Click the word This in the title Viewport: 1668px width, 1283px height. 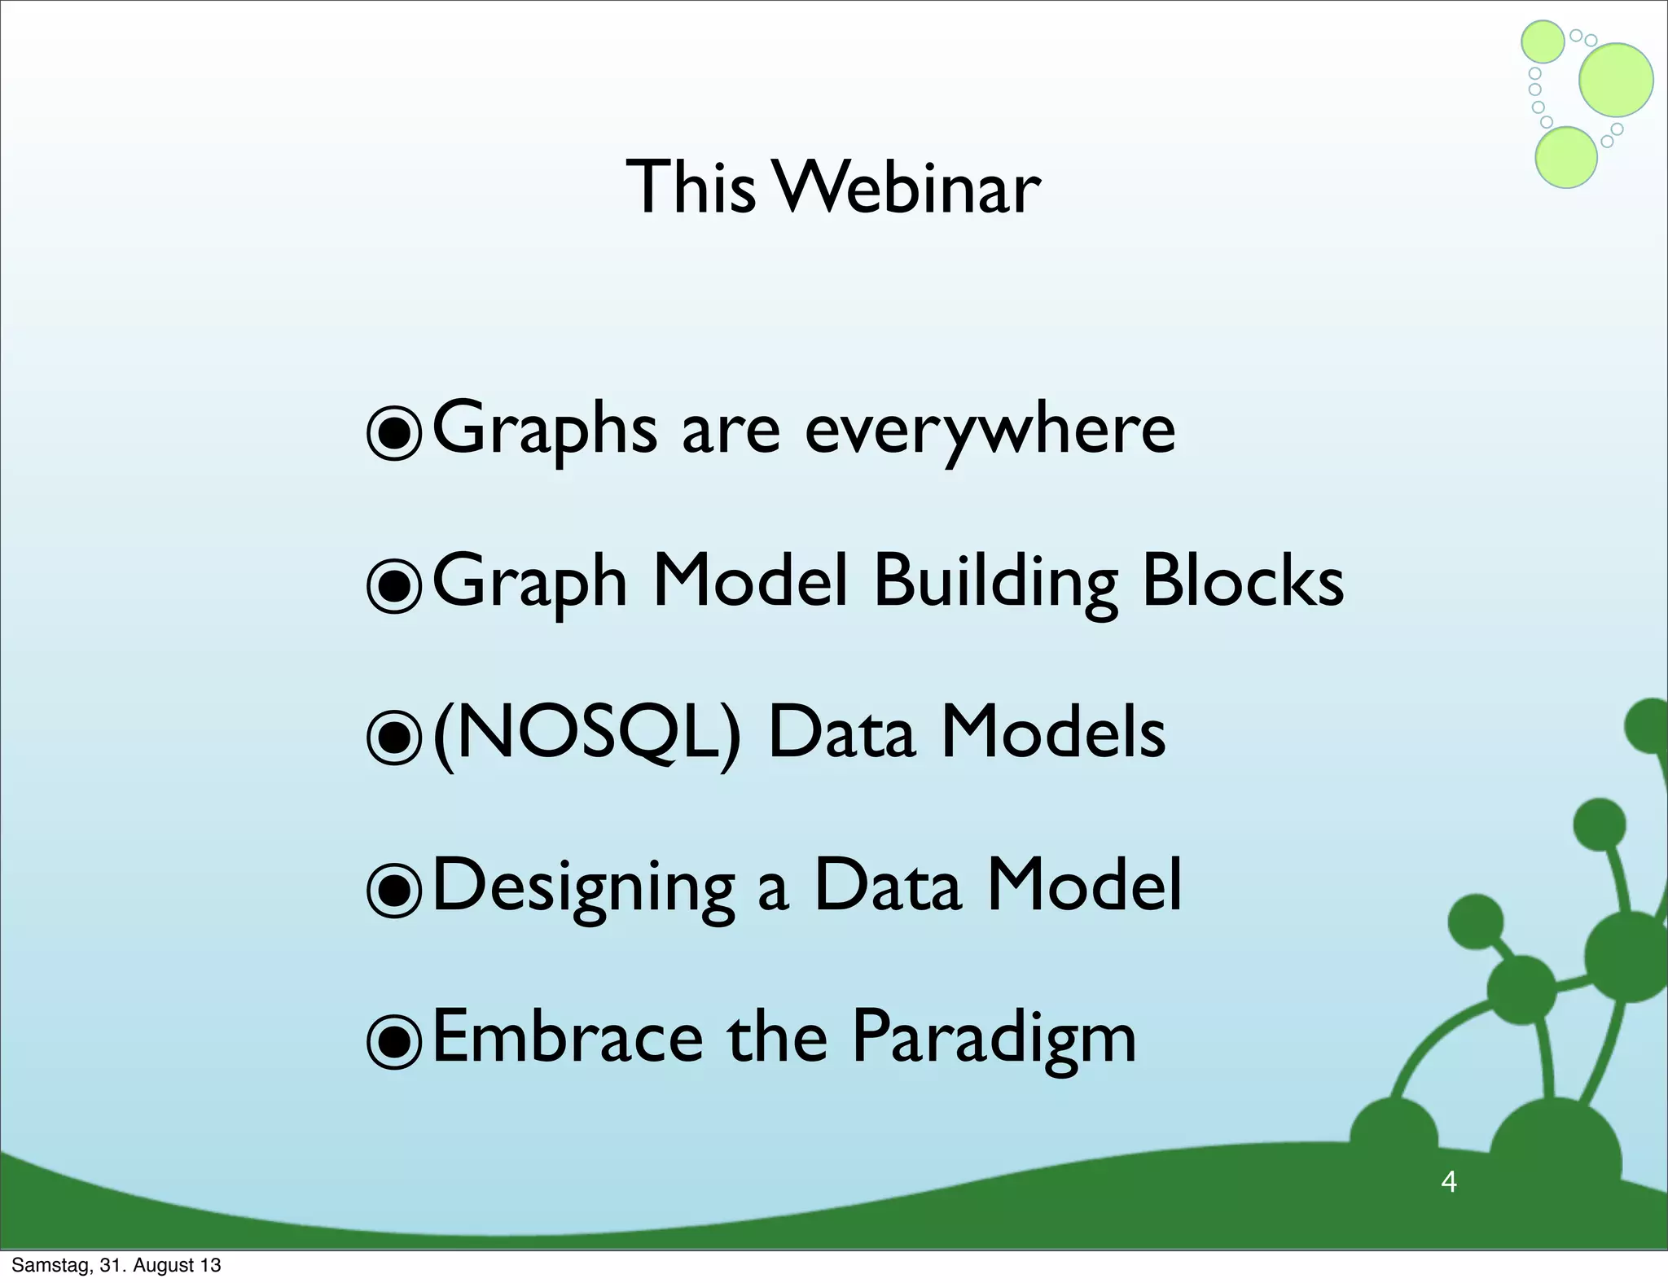691,187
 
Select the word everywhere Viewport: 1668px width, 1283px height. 990,430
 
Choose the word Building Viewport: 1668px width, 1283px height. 995,585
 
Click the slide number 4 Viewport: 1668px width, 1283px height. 1448,1181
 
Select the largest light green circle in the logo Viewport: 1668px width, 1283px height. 1616,80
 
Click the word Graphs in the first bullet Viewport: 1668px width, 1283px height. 544,431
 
